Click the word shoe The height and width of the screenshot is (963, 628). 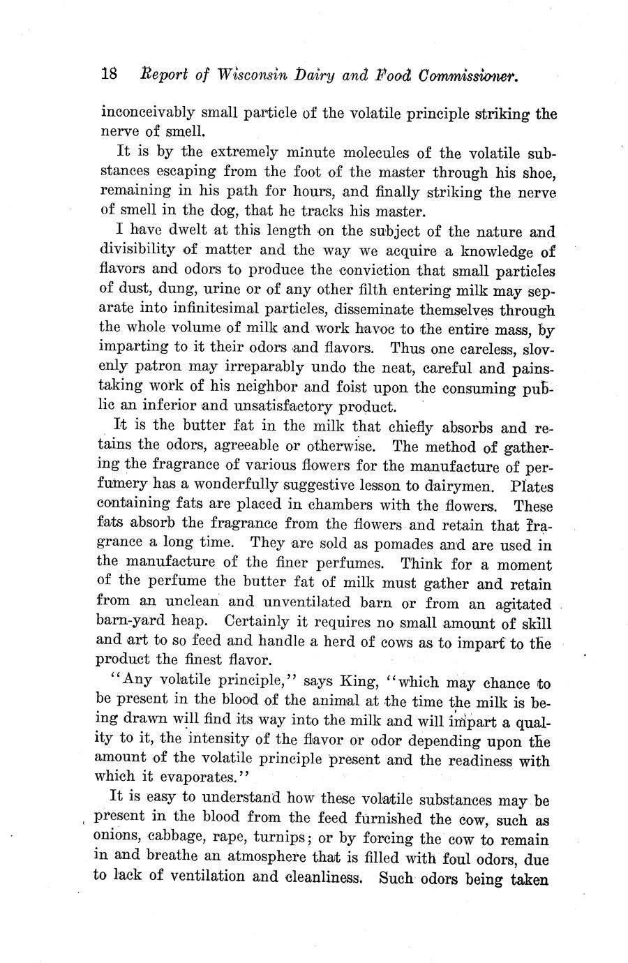[x=539, y=172]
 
